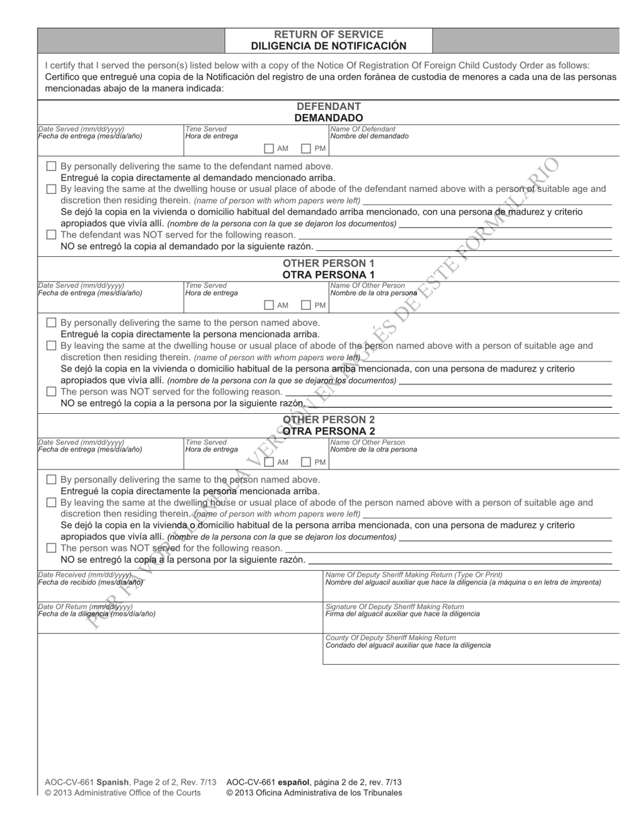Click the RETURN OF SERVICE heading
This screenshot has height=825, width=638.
[328, 34]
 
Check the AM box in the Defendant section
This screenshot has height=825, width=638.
[269, 148]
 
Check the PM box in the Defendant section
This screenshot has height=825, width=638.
[306, 148]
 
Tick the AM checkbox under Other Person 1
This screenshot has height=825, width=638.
[269, 305]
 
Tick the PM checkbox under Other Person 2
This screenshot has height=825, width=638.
[306, 462]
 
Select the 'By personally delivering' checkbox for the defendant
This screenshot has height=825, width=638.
[52, 166]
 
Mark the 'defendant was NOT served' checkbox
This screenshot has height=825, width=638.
[52, 235]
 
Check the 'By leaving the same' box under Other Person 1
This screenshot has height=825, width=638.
[52, 346]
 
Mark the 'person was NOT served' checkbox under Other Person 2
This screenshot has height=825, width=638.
[52, 548]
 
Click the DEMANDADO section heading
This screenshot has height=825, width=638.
[328, 117]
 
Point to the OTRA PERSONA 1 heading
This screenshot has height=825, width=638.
[328, 274]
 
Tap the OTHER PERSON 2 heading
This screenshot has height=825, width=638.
[328, 420]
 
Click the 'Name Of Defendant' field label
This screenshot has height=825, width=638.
[363, 129]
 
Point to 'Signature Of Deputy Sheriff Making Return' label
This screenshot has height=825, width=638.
[394, 606]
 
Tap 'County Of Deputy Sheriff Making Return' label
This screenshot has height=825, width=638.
[390, 637]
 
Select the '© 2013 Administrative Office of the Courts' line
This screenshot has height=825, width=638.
[122, 793]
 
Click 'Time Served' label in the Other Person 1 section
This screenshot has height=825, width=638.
[206, 286]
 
